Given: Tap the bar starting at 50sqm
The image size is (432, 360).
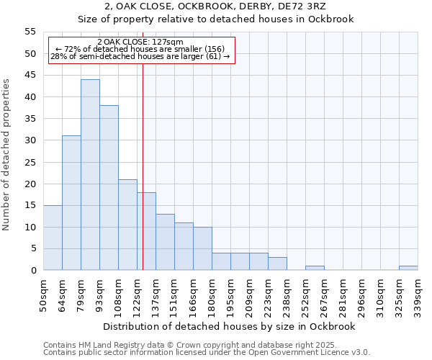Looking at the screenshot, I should [x=53, y=238].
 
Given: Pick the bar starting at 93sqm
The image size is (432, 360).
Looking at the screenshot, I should [x=109, y=188].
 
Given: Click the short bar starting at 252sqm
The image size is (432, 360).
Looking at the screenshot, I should [x=315, y=268].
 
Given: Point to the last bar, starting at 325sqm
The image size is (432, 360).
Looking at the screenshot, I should [x=408, y=268].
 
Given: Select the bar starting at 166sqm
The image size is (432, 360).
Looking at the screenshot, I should [x=202, y=248].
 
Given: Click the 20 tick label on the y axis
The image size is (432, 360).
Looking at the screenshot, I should [x=30, y=184].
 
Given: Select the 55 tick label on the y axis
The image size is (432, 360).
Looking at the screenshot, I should [x=30, y=32].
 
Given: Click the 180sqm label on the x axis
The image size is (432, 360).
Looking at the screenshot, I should [x=212, y=294].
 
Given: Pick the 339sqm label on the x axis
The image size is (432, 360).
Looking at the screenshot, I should [x=418, y=294].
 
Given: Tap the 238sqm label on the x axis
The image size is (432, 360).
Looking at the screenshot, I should [x=287, y=294].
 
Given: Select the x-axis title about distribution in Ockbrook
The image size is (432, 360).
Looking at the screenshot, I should [x=230, y=326].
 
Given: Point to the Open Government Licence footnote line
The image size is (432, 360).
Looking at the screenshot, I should [x=207, y=352].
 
